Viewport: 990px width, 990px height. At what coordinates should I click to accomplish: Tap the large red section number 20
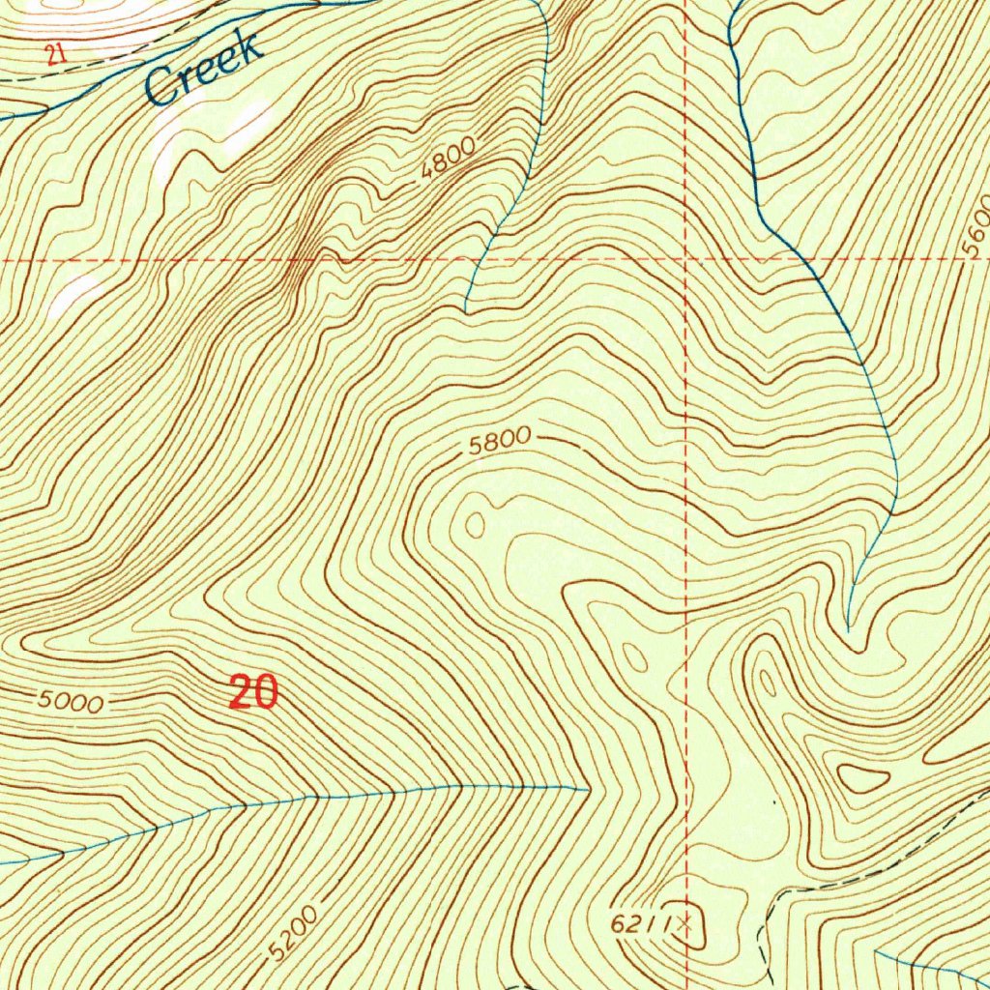click(254, 692)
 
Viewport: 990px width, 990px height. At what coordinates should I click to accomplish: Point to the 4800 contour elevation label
click(449, 158)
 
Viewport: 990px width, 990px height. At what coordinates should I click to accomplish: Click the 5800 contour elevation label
click(499, 443)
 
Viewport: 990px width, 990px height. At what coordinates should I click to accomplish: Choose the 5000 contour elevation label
click(71, 702)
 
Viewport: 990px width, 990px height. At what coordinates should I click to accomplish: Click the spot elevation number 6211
click(641, 924)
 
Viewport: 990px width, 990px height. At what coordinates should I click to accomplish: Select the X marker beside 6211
click(685, 923)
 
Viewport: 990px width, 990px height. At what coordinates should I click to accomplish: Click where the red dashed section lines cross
click(684, 260)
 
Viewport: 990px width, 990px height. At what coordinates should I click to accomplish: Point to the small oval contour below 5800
click(475, 525)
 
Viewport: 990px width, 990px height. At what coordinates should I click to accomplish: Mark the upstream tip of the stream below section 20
click(588, 789)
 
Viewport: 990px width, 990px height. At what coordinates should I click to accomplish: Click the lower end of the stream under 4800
click(466, 311)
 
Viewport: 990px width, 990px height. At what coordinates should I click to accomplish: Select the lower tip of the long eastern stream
click(848, 629)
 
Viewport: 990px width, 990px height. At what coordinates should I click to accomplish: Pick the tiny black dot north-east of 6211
click(773, 801)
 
